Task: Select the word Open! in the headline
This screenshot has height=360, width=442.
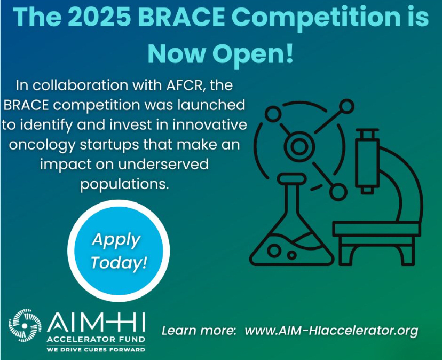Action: click(x=253, y=55)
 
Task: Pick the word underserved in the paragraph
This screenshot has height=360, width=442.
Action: click(x=163, y=164)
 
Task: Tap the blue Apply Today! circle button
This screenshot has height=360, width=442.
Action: click(x=119, y=251)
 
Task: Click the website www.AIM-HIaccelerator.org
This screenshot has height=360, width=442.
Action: click(x=331, y=331)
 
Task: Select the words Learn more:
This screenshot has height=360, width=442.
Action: click(x=199, y=331)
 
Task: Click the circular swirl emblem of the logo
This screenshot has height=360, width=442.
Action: click(x=25, y=326)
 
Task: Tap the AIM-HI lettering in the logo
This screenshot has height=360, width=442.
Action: click(x=96, y=322)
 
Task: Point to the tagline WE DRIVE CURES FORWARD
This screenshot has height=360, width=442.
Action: click(x=96, y=350)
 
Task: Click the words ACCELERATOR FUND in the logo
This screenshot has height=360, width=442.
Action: click(x=96, y=339)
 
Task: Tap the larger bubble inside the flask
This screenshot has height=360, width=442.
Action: click(x=274, y=250)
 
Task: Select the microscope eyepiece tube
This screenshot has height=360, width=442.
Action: click(x=367, y=161)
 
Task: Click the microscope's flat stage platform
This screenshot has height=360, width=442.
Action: click(x=376, y=229)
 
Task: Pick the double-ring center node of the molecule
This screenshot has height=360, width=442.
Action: click(x=299, y=146)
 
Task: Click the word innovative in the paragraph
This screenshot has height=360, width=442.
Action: click(x=210, y=125)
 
